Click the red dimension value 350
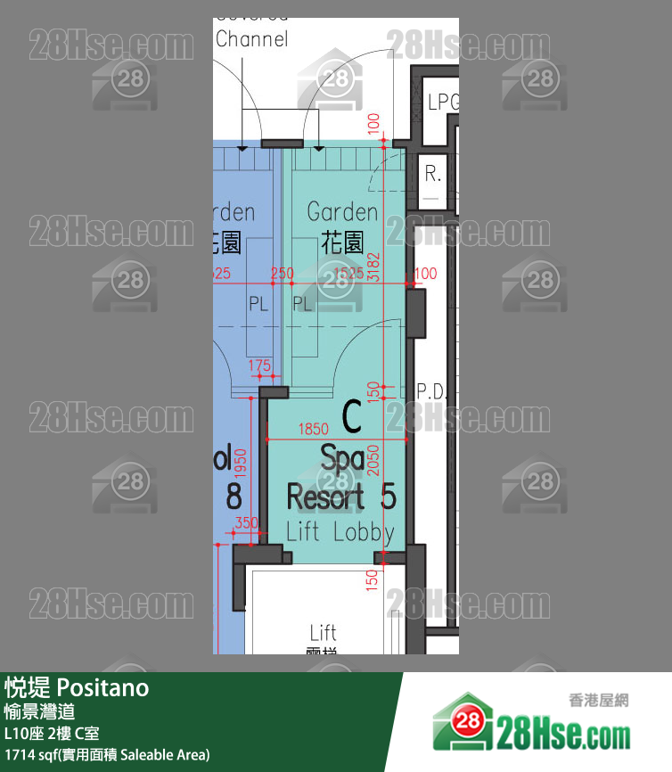point(245,523)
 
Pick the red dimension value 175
point(258,365)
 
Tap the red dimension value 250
point(282,274)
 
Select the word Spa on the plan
point(341,458)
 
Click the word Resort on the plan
point(325,497)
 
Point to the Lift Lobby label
point(340,532)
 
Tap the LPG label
point(443,103)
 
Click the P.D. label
point(435,390)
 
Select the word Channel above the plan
point(252,39)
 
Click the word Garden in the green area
point(342,212)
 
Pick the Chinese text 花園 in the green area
point(342,242)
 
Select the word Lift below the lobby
point(323,632)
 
